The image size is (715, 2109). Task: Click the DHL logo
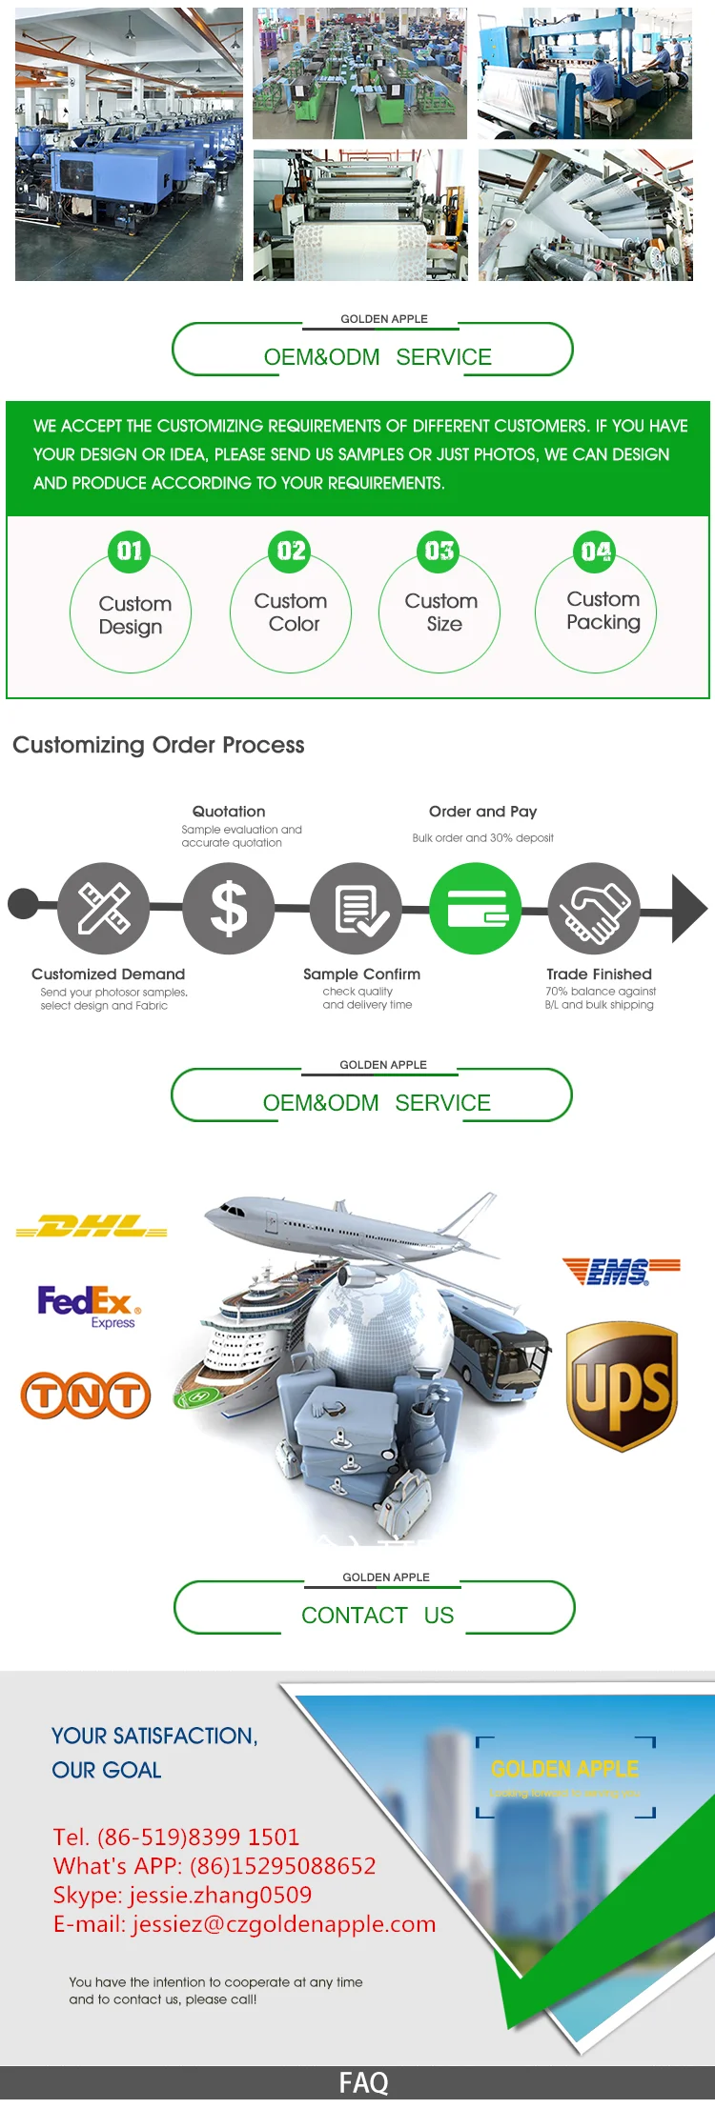pos(92,1227)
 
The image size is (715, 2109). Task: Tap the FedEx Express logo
pos(89,1304)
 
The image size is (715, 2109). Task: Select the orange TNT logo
pos(86,1396)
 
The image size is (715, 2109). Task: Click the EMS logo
pos(621,1271)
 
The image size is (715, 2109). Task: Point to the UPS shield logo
pos(622,1386)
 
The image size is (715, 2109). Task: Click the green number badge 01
pos(130,552)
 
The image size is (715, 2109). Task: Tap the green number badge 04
pos(596,552)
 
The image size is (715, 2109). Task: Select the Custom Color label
pos(291,613)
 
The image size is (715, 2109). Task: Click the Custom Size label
pos(441,613)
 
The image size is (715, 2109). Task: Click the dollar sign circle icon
pos(229,908)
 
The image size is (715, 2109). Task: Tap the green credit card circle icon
pos(476,908)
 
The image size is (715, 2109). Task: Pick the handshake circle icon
pos(595,908)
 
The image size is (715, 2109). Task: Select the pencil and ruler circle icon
pos(104,908)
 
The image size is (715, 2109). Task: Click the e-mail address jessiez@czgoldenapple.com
pos(244,1924)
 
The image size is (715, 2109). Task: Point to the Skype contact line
pos(182,1895)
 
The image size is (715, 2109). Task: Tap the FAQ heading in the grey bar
pos(363,2083)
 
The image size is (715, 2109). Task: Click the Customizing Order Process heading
pos(158,745)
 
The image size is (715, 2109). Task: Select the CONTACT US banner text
pos(378,1616)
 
